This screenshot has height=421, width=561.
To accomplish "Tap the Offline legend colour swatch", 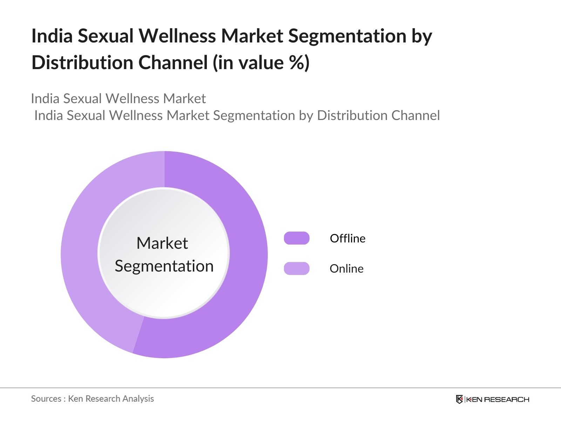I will tap(297, 238).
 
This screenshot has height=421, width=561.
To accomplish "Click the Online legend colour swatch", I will tap(297, 268).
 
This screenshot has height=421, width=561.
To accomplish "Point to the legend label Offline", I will tap(347, 239).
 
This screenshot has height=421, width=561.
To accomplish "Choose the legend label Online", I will tap(346, 269).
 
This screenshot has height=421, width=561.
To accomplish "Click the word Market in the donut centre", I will tap(162, 243).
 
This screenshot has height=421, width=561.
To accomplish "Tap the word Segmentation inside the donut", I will tap(164, 266).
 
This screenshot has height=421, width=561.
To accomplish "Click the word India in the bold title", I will tap(52, 36).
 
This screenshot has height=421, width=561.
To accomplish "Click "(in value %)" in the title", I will tap(261, 63).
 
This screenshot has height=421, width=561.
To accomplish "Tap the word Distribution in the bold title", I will tap(82, 63).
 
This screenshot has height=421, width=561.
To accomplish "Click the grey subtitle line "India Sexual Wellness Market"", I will tap(119, 99).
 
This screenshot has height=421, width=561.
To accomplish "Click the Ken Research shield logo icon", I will tap(459, 399).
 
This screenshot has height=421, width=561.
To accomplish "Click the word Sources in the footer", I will tap(46, 399).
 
